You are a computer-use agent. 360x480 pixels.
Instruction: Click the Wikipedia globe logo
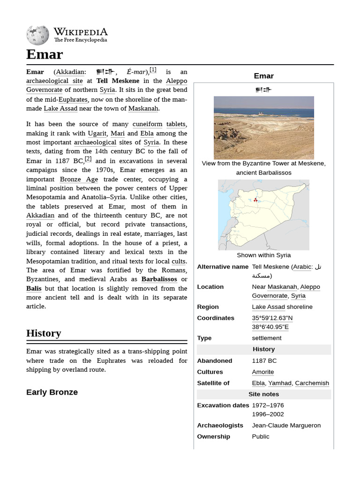[37, 36]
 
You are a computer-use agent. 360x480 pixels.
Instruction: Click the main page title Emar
[45, 54]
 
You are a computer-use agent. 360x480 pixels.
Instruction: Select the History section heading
[44, 333]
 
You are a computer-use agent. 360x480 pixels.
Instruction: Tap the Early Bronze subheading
[52, 392]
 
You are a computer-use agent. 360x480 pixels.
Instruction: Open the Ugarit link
[97, 133]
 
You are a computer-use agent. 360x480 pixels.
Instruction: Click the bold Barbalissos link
[159, 279]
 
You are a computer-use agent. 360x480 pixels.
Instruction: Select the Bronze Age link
[79, 179]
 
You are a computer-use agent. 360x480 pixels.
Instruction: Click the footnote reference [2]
[88, 159]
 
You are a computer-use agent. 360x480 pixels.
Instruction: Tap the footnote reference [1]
[153, 70]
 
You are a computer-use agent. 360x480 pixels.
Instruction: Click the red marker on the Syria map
[255, 200]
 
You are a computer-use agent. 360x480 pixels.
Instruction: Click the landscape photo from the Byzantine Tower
[263, 127]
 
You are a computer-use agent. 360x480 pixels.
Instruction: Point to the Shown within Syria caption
[263, 255]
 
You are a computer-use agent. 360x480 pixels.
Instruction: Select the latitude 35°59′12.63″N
[272, 318]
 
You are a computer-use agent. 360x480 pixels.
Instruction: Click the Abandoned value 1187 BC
[264, 360]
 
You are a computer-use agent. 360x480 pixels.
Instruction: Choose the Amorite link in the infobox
[262, 372]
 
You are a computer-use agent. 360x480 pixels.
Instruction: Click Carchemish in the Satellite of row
[312, 383]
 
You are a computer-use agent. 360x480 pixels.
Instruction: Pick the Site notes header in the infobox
[263, 394]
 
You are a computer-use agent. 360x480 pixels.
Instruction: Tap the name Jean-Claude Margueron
[286, 425]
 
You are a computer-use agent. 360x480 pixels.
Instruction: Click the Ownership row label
[213, 436]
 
